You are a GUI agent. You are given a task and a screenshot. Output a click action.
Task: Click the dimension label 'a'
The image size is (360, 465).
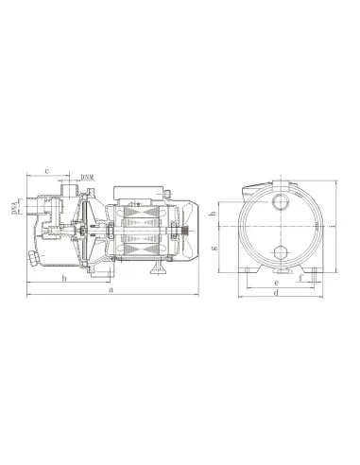[x=111, y=290]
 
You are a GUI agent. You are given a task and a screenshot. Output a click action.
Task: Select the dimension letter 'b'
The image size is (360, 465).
[x=62, y=281]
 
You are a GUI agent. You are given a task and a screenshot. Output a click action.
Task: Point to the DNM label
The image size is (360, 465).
[x=87, y=177]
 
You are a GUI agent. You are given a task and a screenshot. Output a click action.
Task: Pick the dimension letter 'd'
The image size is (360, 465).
[x=276, y=291]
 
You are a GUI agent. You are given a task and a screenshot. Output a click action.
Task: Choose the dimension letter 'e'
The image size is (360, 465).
[x=276, y=281]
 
